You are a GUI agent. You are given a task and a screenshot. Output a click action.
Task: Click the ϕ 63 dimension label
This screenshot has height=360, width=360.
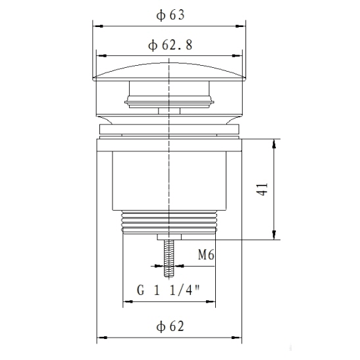pyautogui.click(x=170, y=15)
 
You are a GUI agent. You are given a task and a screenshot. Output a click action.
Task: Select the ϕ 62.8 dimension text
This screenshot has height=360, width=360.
pyautogui.click(x=170, y=45)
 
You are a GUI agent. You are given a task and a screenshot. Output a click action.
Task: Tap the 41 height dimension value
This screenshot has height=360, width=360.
pyautogui.click(x=262, y=189)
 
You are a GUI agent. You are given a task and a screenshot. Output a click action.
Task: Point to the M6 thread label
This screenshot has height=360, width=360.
pyautogui.click(x=206, y=255)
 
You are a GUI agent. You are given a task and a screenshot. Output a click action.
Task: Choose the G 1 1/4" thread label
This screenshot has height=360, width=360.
pyautogui.click(x=168, y=290)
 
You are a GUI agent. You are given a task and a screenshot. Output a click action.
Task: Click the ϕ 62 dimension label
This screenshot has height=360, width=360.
pyautogui.click(x=170, y=326)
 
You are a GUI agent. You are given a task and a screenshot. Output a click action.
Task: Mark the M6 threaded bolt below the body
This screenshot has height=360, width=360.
pyautogui.click(x=168, y=258)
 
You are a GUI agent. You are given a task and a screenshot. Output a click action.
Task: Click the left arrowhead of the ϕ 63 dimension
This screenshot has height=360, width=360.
pyautogui.click(x=98, y=26)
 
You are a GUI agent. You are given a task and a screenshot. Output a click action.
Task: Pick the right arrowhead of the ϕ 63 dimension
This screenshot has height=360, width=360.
pyautogui.click(x=241, y=26)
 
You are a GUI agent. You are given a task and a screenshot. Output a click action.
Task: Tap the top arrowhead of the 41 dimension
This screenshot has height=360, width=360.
pyautogui.click(x=274, y=144)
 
